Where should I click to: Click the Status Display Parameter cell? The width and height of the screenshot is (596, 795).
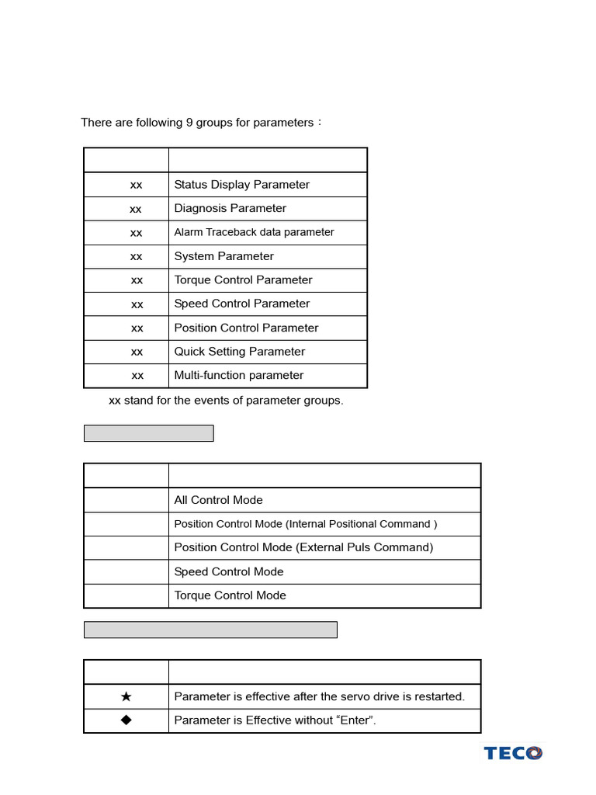[x=241, y=185]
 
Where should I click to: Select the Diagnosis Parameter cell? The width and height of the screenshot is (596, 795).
[x=230, y=208]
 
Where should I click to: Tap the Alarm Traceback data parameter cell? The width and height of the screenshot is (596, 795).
[x=254, y=232]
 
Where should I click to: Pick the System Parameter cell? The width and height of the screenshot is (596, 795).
[x=223, y=256]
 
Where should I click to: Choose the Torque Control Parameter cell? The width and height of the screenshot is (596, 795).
[x=243, y=279]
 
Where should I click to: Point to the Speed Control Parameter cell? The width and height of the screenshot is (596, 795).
[x=241, y=304]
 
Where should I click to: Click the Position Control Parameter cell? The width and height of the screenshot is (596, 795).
[x=246, y=328]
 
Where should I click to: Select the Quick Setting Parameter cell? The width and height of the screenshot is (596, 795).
[x=239, y=352]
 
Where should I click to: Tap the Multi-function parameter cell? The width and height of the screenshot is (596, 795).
[x=238, y=375]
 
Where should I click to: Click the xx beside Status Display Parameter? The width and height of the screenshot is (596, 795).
[x=136, y=185]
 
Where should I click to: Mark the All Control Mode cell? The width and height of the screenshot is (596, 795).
[x=218, y=500]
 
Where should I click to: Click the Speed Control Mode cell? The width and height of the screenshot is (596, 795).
[x=228, y=571]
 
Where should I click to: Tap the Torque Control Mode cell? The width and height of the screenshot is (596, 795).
[x=230, y=595]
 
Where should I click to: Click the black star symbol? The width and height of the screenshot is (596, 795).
[x=126, y=696]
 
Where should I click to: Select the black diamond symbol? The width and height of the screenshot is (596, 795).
[x=126, y=720]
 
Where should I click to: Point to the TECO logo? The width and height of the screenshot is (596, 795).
[x=513, y=753]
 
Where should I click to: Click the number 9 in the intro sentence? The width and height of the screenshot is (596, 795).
[x=189, y=123]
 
